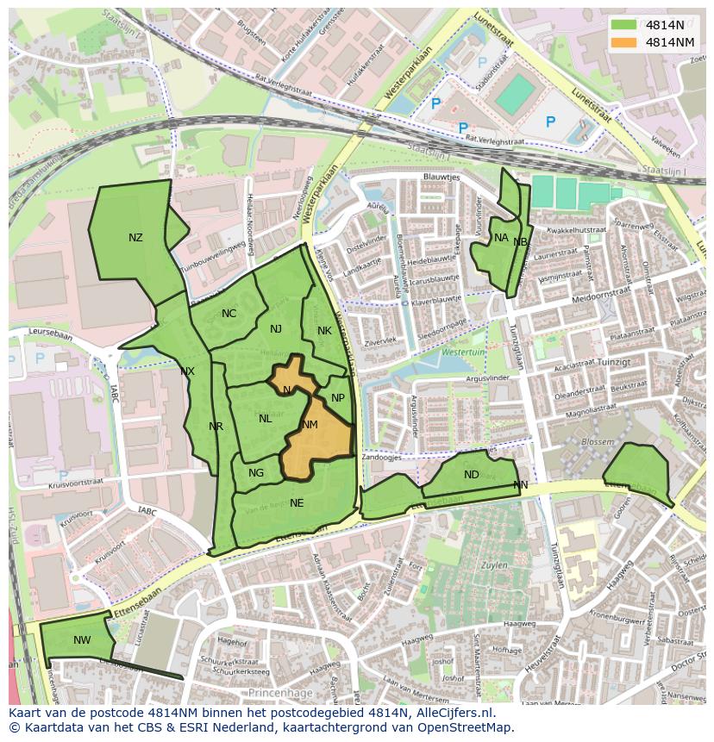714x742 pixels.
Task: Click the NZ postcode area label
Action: (135, 238)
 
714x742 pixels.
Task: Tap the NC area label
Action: (229, 314)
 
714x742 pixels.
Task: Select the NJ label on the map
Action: (276, 329)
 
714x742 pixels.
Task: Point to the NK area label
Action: (324, 331)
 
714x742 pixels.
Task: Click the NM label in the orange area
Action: (310, 425)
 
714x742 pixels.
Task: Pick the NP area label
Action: (338, 398)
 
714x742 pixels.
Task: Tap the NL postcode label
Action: (265, 419)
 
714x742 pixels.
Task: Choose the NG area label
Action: (256, 473)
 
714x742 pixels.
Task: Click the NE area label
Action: (297, 503)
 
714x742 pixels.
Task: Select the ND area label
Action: (471, 475)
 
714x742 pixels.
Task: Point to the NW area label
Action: (82, 640)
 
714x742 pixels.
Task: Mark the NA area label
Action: (501, 238)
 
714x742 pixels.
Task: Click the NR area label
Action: (216, 427)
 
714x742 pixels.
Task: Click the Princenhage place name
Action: (277, 693)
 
